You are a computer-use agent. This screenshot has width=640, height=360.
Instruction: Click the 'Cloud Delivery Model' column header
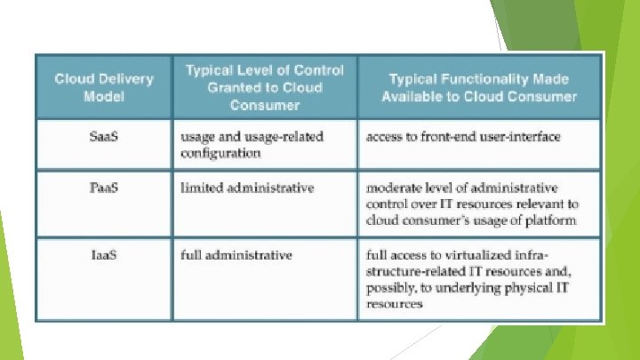(x=104, y=87)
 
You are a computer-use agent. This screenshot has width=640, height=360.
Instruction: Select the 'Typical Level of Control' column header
(x=264, y=87)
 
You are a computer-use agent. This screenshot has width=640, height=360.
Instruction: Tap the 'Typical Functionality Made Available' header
(x=479, y=87)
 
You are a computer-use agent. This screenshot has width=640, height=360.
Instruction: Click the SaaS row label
(x=104, y=136)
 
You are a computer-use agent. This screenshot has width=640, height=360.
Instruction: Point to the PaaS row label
(x=104, y=188)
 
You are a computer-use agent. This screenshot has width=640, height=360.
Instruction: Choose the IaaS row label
(x=104, y=255)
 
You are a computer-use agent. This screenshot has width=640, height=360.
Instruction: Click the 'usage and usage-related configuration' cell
(x=252, y=144)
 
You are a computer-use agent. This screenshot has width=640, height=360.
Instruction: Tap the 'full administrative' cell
(x=236, y=255)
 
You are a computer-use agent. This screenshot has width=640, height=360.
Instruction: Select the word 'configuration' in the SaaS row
(x=220, y=152)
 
